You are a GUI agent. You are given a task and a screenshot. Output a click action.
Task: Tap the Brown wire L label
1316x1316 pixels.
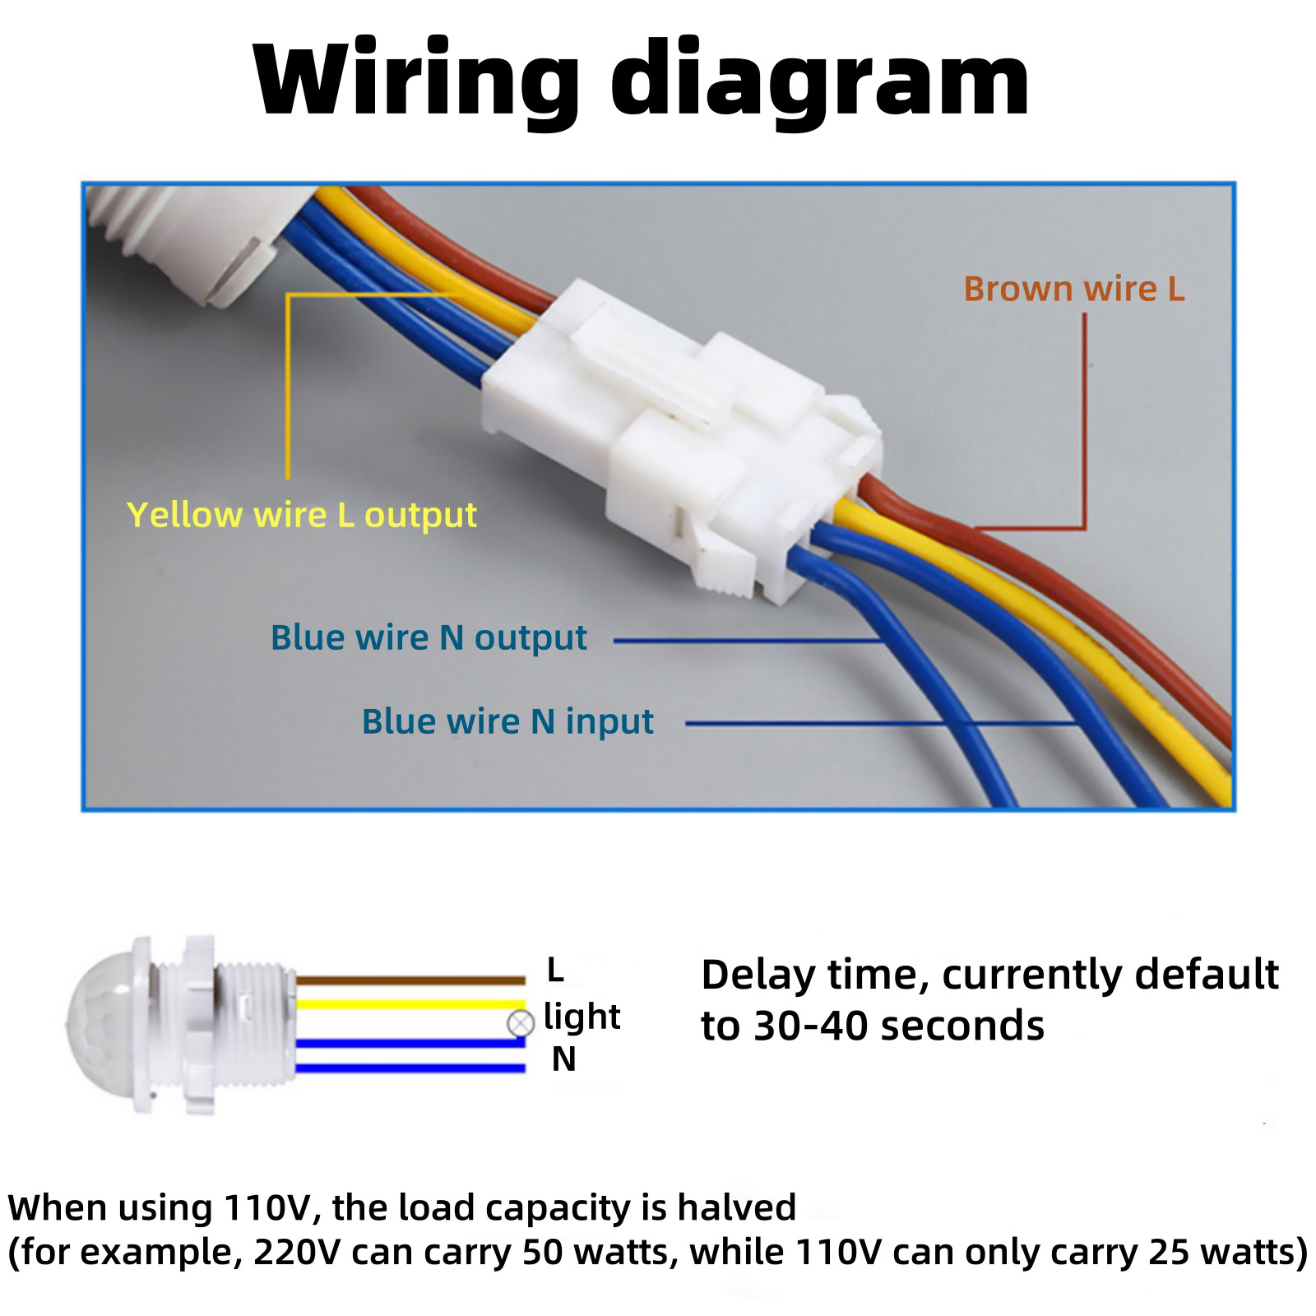[1073, 289]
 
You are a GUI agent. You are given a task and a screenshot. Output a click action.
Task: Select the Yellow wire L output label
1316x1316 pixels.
[302, 516]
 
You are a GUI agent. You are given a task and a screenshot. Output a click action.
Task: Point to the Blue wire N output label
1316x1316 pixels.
[429, 638]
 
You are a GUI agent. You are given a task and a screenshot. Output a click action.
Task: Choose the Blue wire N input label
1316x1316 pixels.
[507, 721]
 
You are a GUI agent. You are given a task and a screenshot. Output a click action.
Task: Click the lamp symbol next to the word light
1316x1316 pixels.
[521, 1024]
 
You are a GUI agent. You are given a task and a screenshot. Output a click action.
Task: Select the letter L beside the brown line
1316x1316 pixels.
[556, 971]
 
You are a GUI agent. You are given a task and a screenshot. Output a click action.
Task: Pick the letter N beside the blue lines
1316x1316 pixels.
[563, 1060]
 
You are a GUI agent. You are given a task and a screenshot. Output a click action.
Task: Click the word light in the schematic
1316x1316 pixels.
[582, 1017]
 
